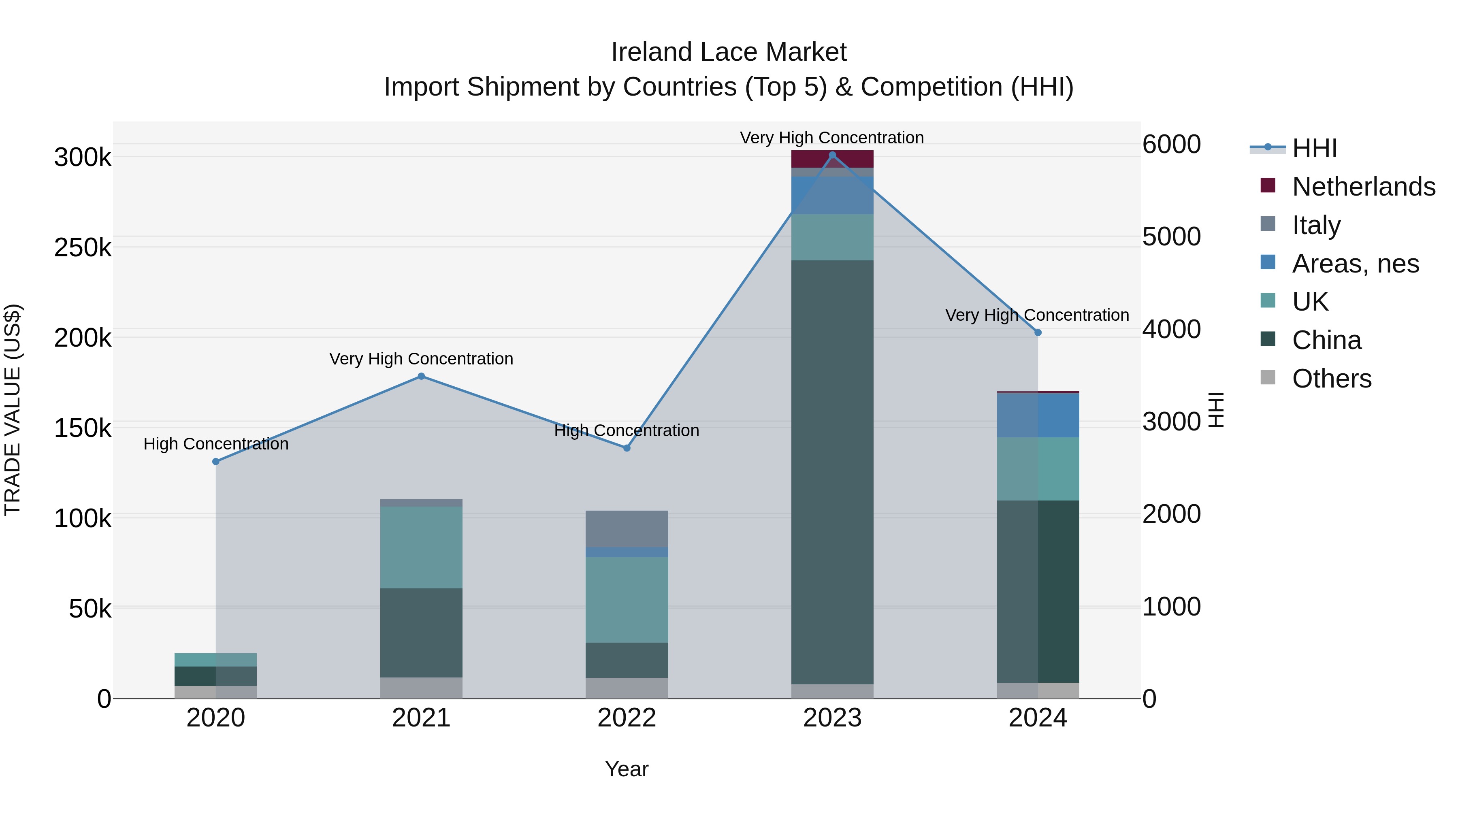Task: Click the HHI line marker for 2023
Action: click(x=832, y=155)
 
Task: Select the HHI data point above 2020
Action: click(x=215, y=461)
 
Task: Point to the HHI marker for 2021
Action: click(x=421, y=376)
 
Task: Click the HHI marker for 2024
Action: click(x=1038, y=333)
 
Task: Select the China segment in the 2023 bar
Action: click(x=832, y=472)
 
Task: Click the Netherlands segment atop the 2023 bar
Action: click(x=832, y=159)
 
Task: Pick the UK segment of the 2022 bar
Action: click(x=627, y=599)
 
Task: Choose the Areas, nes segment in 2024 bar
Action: click(x=1038, y=415)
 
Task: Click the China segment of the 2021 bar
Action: click(x=421, y=633)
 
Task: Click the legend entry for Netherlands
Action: click(x=1363, y=186)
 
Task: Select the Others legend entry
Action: click(x=1331, y=378)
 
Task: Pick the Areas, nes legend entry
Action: click(x=1355, y=263)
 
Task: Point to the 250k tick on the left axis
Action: click(x=83, y=247)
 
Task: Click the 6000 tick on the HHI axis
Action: click(x=1171, y=144)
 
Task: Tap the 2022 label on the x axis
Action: click(x=627, y=718)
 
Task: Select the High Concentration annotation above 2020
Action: click(x=215, y=444)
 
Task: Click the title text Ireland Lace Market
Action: click(x=729, y=52)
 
